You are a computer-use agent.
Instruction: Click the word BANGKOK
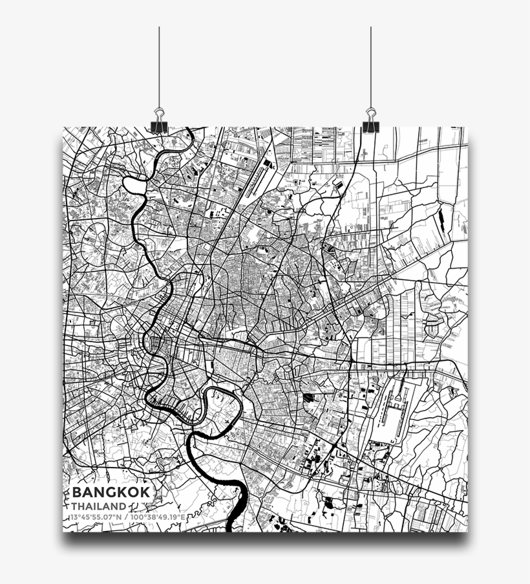coord(111,492)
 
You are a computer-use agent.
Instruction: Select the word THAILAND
coord(99,506)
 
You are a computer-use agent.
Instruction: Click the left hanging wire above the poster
coord(159,65)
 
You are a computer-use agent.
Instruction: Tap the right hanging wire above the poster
coord(370,65)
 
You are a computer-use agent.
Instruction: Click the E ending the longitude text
coord(184,517)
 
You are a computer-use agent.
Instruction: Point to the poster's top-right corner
coord(466,128)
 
